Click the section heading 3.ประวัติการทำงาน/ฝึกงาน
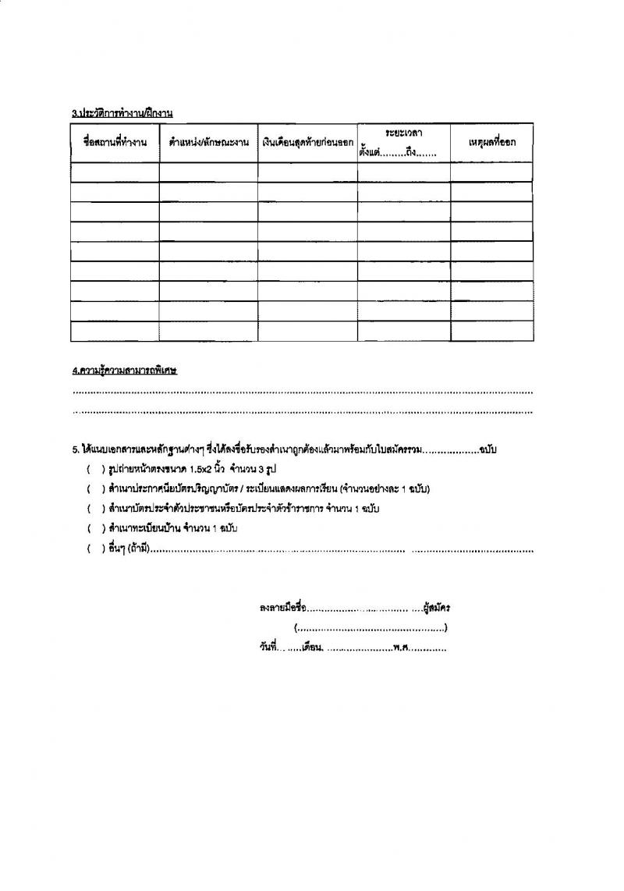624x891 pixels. (x=122, y=113)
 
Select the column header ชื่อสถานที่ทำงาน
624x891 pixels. (x=115, y=143)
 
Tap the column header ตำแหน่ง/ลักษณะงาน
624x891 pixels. (x=208, y=143)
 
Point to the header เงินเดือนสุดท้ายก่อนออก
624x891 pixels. (x=307, y=143)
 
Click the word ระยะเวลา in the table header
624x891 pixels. (x=403, y=134)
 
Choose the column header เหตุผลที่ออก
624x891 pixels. (x=491, y=143)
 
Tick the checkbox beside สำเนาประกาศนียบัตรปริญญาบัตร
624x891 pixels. (x=92, y=489)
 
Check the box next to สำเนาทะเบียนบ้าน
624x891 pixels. (x=92, y=529)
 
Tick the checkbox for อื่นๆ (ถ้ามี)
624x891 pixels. (x=92, y=549)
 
